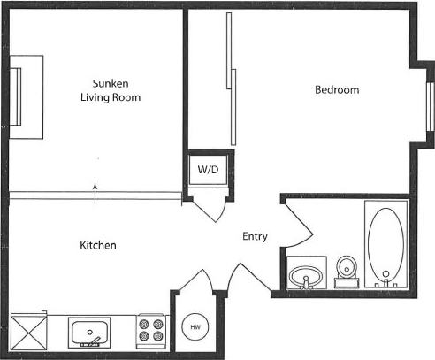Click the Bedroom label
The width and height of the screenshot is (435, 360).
[338, 90]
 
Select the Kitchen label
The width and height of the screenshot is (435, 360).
[98, 245]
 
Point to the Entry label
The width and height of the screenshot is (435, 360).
[255, 236]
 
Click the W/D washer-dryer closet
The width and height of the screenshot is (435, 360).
[207, 169]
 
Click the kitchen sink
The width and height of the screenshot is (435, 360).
[90, 333]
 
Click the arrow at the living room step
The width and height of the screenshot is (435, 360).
[96, 190]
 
